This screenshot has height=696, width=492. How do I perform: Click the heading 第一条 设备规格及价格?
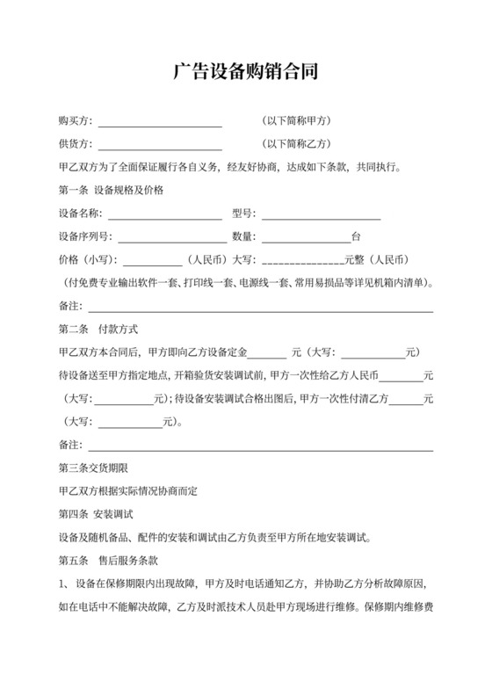(x=111, y=190)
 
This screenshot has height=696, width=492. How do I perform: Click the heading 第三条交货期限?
(x=94, y=468)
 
